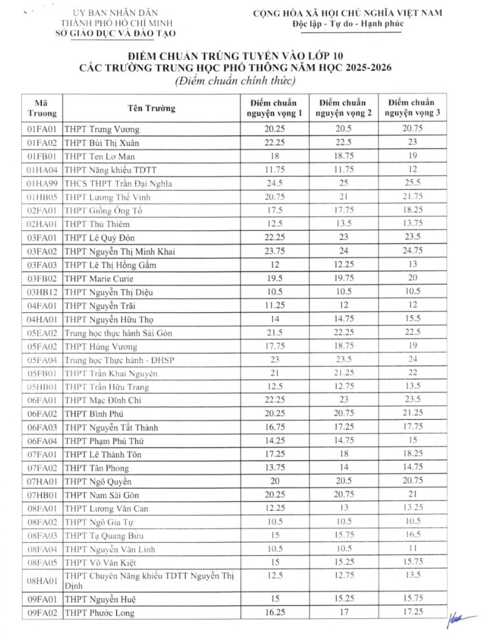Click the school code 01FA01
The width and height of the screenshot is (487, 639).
43,129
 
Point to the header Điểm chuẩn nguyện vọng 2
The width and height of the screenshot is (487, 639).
343,108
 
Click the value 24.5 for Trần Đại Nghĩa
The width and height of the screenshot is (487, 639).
275,183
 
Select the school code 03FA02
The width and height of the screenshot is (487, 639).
43,251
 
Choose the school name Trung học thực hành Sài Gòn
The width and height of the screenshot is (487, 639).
118,333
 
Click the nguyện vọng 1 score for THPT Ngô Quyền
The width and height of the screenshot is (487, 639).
275,482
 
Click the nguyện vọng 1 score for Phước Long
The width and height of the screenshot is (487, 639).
275,613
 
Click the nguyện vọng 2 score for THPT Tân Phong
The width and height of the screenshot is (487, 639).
343,468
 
